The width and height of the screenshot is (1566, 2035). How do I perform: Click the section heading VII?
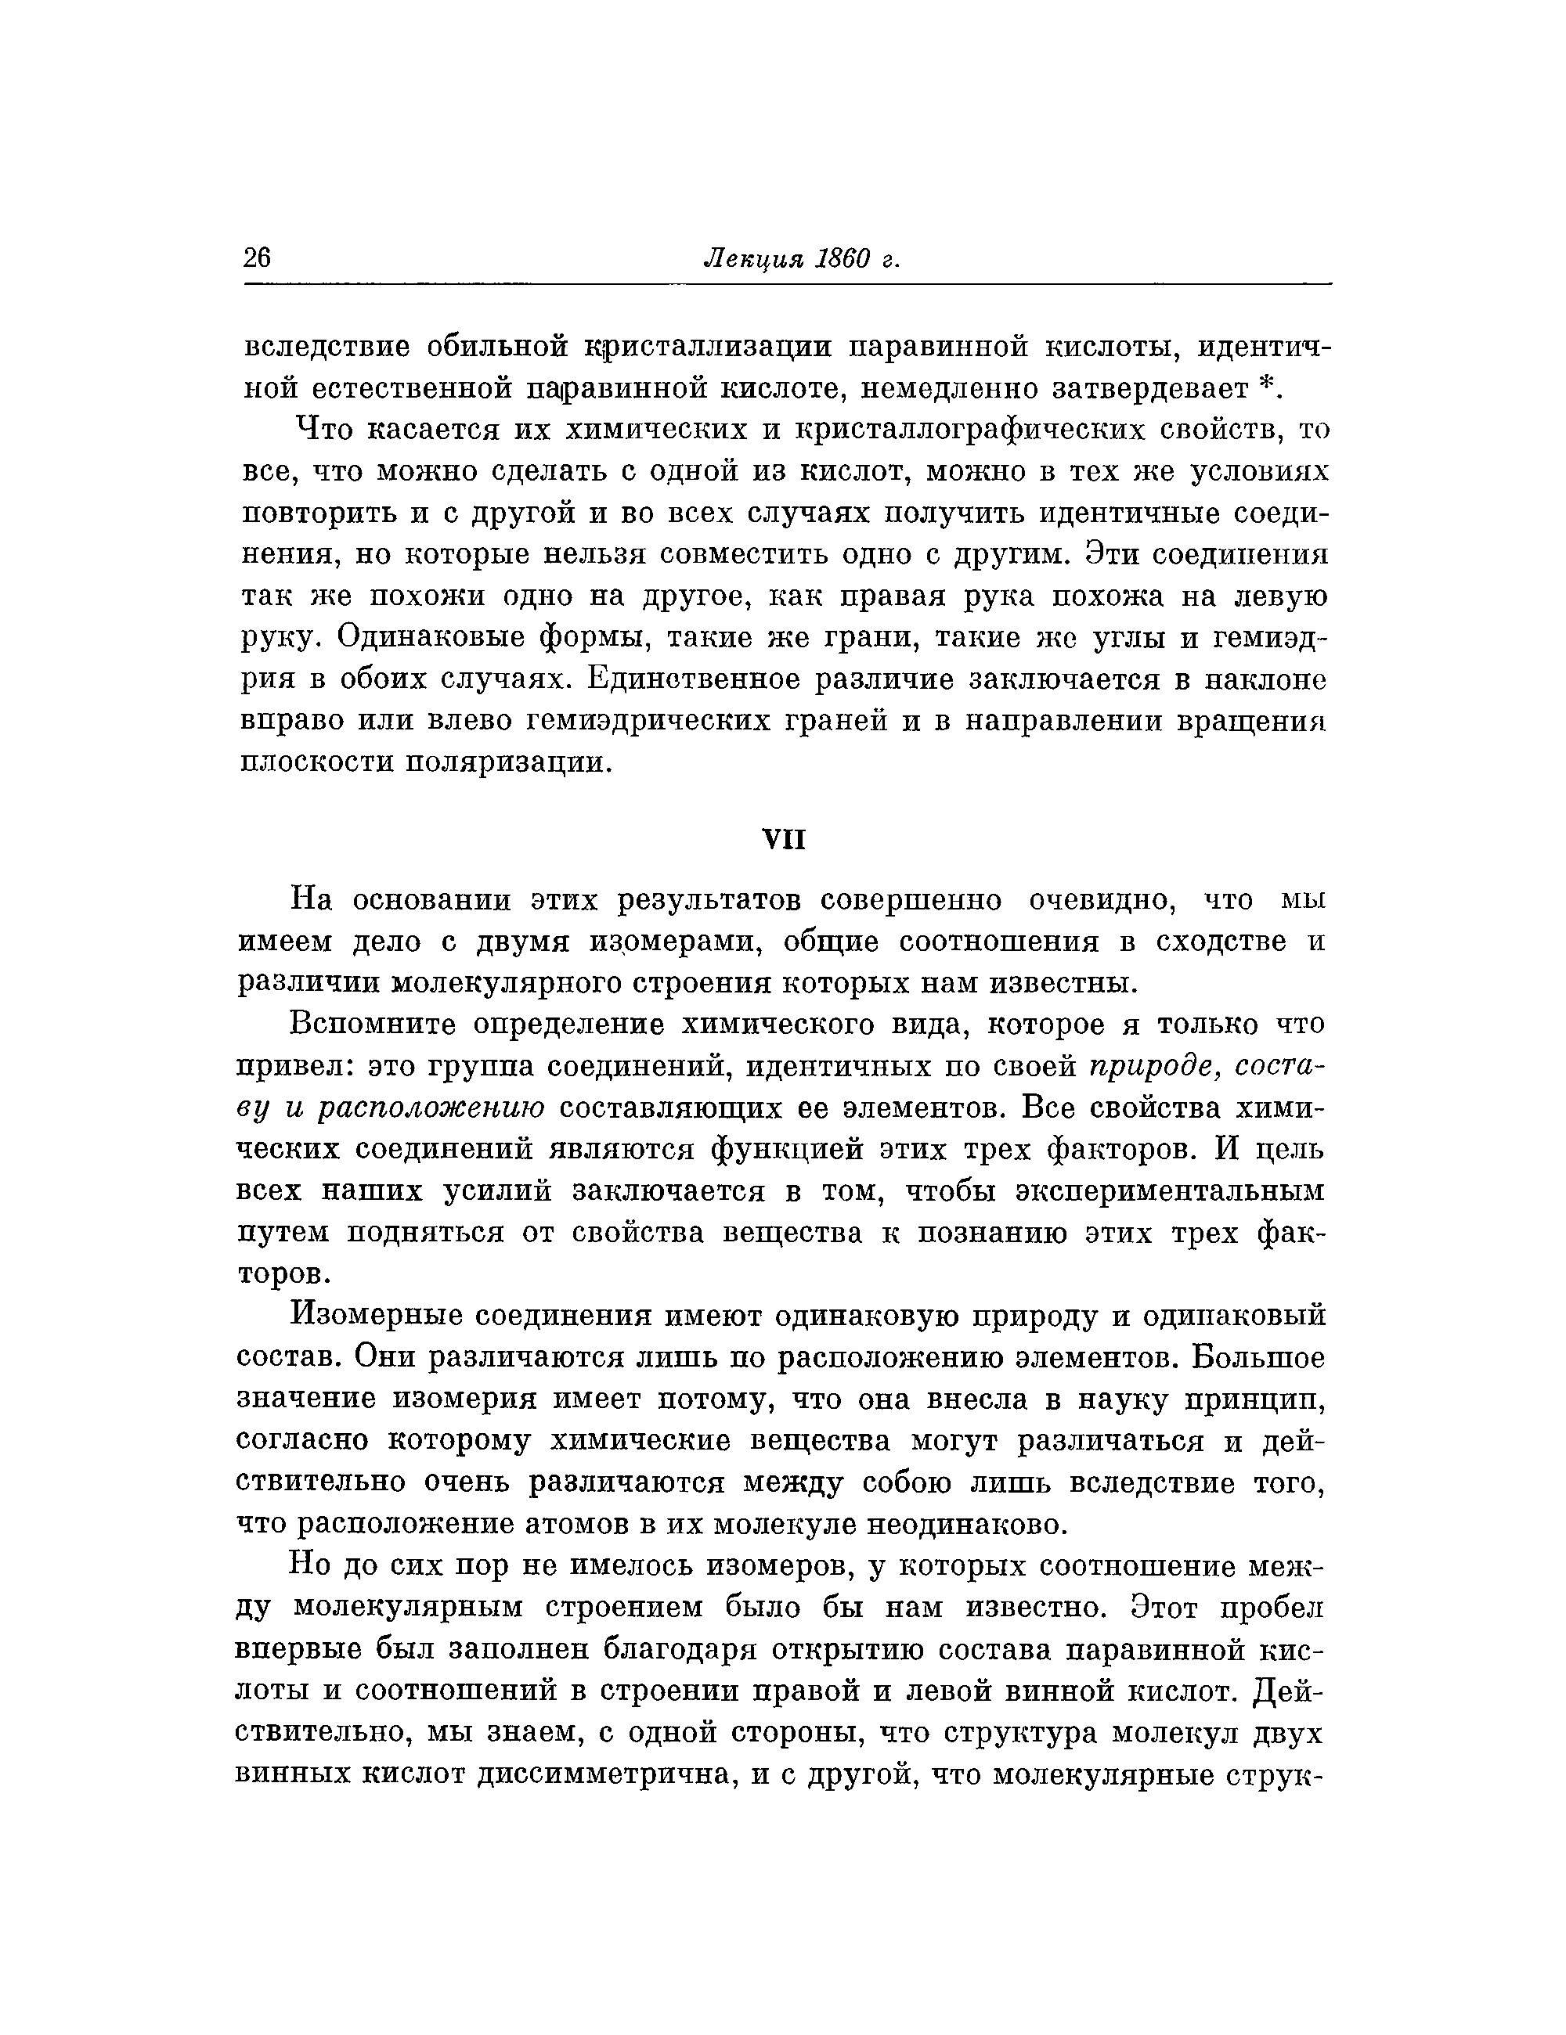(x=783, y=840)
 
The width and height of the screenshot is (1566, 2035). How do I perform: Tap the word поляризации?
(x=509, y=762)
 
